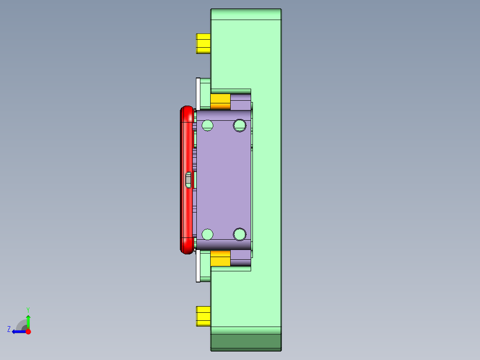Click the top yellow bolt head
coord(203,43)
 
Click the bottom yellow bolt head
coord(203,316)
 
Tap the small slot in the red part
coord(188,180)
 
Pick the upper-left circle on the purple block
coord(207,126)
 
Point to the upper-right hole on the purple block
coord(240,125)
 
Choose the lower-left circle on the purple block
coord(207,234)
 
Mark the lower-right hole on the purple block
coord(240,234)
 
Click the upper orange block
coord(220,102)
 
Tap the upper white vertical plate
coord(198,94)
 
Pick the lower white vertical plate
coord(198,266)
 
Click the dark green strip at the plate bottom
coord(246,342)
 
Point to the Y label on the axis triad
coord(28,309)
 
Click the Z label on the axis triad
coord(9,329)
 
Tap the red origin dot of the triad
coord(28,331)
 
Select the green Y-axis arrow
coord(28,321)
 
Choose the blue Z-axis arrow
coord(18,331)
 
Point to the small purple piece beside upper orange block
coord(240,102)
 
